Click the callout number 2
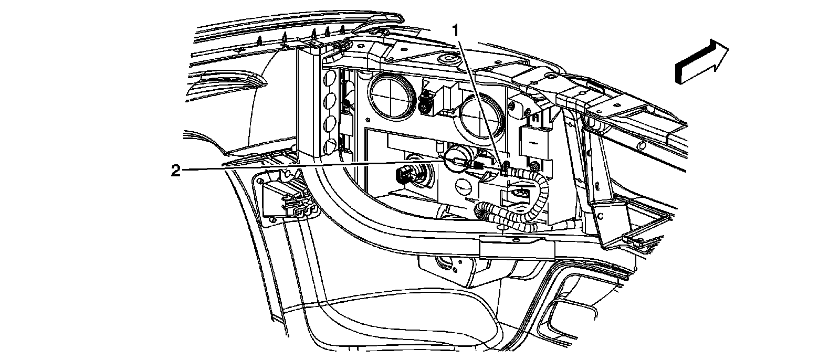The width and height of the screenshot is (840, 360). [176, 171]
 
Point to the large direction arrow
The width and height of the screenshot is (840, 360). [701, 61]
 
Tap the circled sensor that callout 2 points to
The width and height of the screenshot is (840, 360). [457, 162]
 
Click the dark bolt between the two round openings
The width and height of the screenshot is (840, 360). [426, 103]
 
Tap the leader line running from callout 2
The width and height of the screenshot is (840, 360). [315, 167]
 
